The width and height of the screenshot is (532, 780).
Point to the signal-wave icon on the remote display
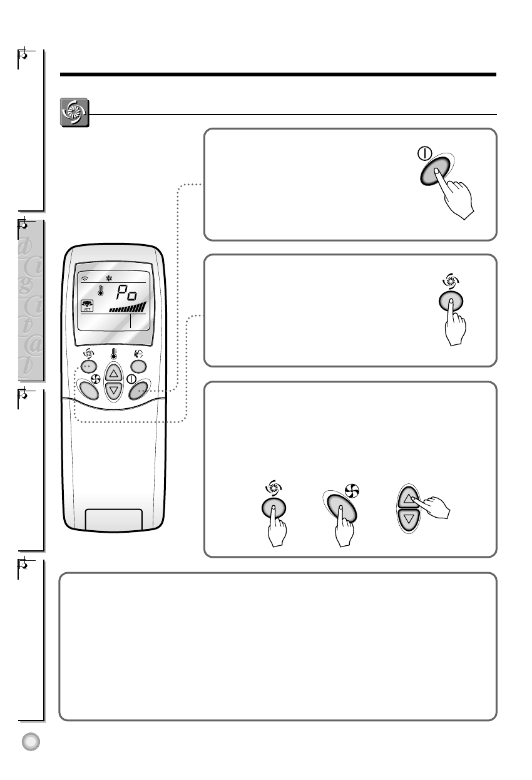[x=85, y=280]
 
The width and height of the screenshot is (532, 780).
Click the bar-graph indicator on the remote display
[x=128, y=307]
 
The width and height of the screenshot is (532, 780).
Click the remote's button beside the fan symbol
[x=88, y=391]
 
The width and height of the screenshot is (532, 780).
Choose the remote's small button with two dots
[x=88, y=367]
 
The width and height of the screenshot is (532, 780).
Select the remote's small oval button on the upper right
[x=139, y=367]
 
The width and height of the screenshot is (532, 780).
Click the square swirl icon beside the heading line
[x=74, y=113]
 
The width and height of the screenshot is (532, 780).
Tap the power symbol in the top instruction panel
[x=425, y=153]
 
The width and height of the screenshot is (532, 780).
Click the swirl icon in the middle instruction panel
[x=451, y=280]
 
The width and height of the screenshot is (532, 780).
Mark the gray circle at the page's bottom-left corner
[x=30, y=741]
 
